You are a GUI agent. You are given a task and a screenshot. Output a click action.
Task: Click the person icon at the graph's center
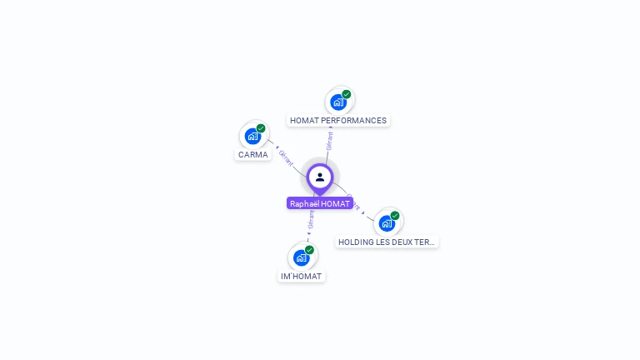coord(320,177)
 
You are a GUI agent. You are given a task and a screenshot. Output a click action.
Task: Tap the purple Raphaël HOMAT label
coord(320,203)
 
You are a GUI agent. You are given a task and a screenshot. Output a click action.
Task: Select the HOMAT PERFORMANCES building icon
coord(338,102)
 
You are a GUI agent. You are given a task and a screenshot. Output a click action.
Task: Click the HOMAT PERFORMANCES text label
coord(338,121)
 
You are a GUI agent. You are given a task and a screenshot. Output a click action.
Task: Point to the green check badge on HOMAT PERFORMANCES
coord(347,94)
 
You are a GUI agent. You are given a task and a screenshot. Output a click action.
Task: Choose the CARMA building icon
coord(252,136)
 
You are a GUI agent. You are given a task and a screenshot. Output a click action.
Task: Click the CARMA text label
coord(253,154)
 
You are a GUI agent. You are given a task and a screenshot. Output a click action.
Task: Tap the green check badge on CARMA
coord(261,128)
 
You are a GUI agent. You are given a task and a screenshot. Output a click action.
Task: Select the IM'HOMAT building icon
coord(301,257)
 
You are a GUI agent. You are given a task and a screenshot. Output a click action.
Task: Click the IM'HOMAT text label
coord(301,276)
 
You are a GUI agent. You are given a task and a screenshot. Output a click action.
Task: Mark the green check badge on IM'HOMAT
coord(309,250)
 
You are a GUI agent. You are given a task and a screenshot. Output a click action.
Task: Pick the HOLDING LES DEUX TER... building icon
coord(387,223)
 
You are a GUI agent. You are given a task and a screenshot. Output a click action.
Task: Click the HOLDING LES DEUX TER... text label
coord(387,242)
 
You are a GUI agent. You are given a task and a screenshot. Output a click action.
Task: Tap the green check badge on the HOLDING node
coord(395,216)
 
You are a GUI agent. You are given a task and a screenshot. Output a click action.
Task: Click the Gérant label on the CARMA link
coord(286,157)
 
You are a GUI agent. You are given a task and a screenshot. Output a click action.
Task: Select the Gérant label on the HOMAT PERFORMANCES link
coord(330,140)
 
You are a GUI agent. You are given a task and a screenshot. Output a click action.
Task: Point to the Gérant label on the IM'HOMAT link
coord(311,219)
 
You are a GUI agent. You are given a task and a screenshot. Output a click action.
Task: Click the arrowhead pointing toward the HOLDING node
coord(364,214)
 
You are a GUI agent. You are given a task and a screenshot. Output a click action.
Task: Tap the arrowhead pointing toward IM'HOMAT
coord(308,234)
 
